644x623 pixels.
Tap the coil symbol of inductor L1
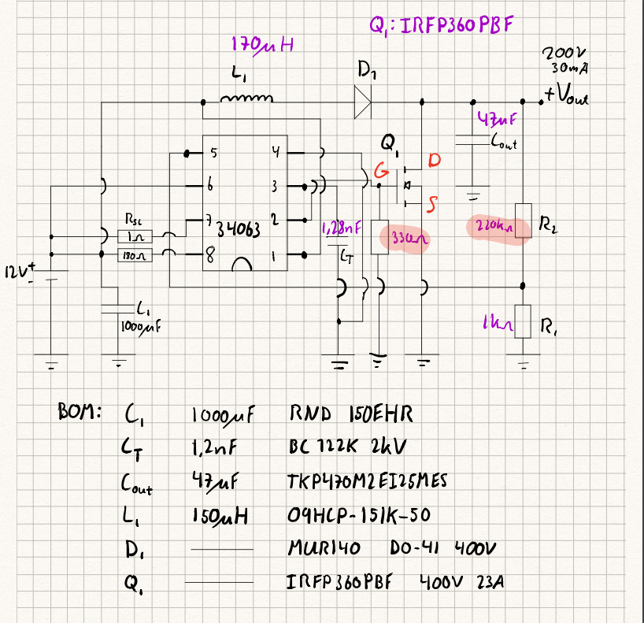247,98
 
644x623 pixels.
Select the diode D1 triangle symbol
362,101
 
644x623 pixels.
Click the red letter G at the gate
380,171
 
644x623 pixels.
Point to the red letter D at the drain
435,161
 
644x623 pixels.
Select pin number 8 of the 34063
210,254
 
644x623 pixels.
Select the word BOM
78,411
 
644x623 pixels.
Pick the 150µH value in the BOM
221,515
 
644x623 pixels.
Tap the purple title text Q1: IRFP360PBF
441,25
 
